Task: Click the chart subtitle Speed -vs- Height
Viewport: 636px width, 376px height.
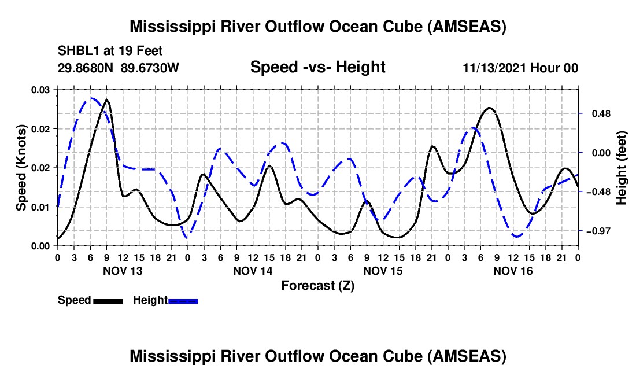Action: [317, 68]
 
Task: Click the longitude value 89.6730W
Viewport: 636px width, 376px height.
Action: [150, 68]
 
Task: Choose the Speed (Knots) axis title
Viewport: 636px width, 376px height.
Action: [21, 168]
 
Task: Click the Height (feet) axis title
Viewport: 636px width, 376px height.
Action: [621, 168]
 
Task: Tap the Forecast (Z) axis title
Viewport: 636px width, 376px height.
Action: [317, 285]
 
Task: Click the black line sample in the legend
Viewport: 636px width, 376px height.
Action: [107, 300]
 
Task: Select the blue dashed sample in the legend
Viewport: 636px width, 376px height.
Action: [183, 300]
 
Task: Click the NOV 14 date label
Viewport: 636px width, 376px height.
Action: [252, 271]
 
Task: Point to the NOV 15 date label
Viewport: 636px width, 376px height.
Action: [383, 271]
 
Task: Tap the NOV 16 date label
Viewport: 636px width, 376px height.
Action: [513, 271]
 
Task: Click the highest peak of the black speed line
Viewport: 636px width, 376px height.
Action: [107, 100]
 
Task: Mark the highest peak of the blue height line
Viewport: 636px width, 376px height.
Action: [91, 98]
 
